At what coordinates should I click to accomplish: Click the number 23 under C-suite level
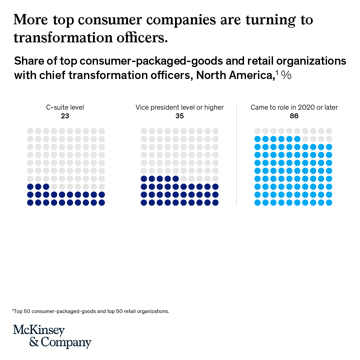65,116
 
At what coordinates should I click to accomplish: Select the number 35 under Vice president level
179,116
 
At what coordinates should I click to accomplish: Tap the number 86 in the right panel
294,116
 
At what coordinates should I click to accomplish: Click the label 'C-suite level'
65,107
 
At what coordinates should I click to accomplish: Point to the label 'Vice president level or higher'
179,107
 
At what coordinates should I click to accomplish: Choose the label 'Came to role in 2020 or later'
294,107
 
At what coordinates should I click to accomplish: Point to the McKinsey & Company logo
52,336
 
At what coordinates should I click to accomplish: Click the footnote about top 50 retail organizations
91,311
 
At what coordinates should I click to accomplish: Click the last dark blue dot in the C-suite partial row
46,186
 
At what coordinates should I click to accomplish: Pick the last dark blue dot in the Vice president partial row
176,178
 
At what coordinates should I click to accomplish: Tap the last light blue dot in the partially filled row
297,139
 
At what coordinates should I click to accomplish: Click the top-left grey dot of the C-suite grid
30,131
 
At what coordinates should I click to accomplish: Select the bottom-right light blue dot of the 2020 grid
329,202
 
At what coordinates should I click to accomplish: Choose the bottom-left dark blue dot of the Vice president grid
144,202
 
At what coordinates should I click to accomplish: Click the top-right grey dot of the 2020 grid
329,131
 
